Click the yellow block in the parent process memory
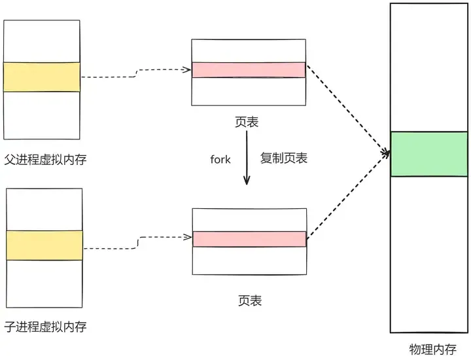click(41, 77)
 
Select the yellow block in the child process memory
click(44, 245)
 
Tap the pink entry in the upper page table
click(249, 70)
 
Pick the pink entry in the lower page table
click(249, 239)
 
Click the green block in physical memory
click(429, 154)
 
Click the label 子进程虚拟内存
click(45, 326)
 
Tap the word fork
click(220, 159)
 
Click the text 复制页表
click(284, 158)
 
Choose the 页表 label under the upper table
click(249, 122)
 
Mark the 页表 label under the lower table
click(249, 300)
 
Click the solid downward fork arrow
click(247, 157)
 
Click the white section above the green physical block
click(429, 65)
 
